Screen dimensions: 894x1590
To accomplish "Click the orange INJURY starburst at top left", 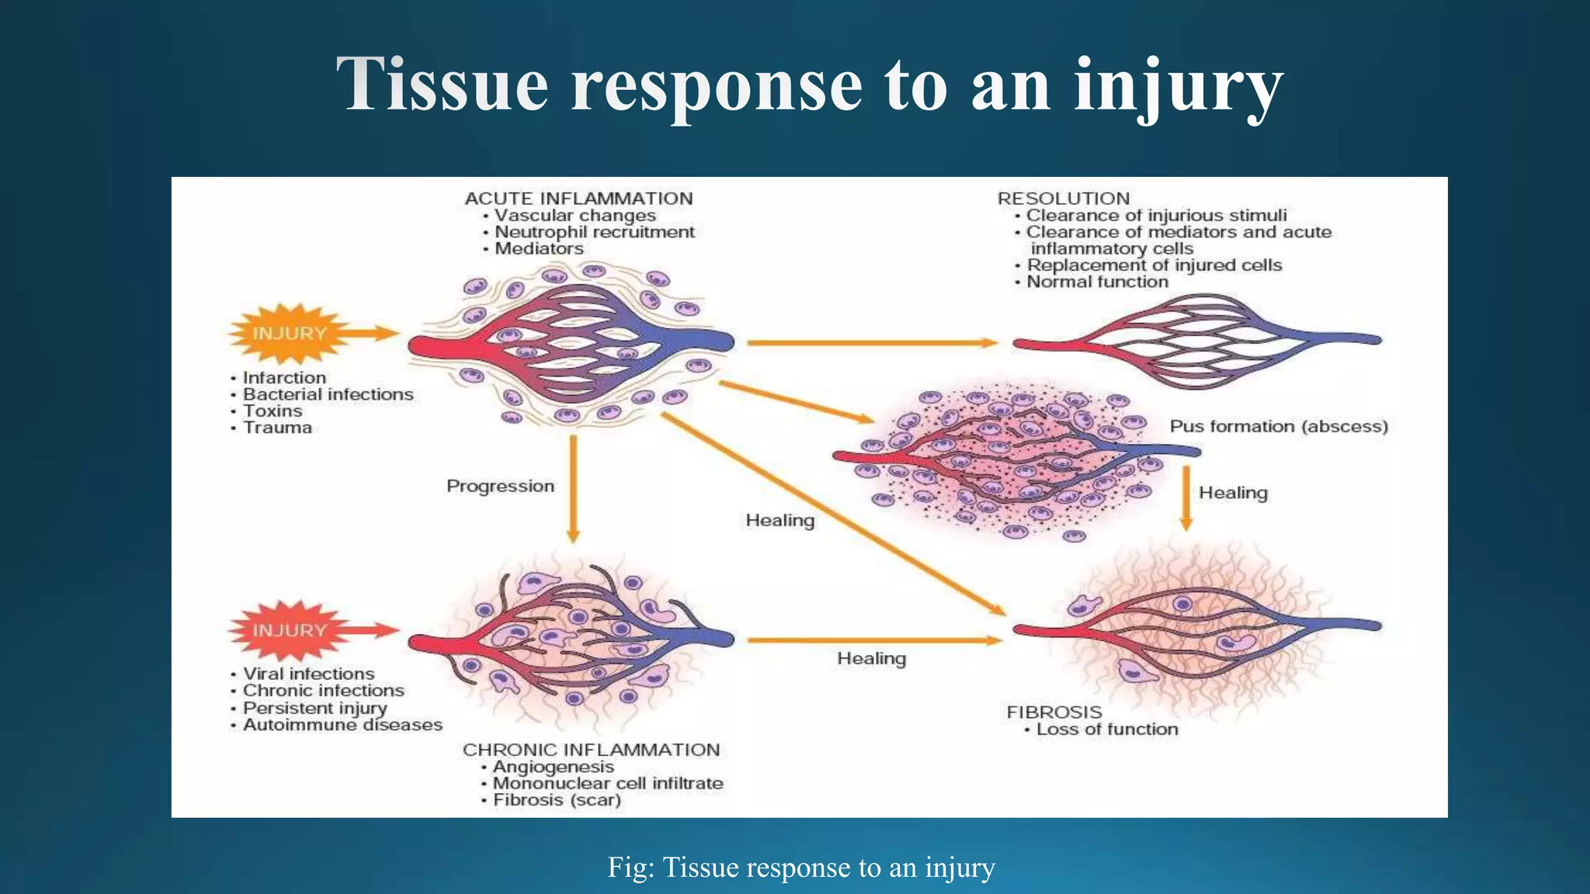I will tap(289, 334).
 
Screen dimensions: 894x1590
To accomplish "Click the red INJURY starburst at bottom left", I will tap(289, 630).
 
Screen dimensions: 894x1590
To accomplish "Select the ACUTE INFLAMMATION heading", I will tap(578, 199).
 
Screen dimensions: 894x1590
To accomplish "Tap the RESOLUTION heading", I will tap(1064, 199).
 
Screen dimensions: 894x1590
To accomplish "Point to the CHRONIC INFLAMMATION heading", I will tap(591, 750).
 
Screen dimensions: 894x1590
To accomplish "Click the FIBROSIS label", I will tap(1054, 712).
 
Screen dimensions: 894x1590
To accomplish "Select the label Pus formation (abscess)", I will tap(1278, 426).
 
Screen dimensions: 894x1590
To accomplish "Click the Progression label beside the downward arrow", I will tap(500, 486).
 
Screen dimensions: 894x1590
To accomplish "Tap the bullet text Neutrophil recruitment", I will tap(594, 232).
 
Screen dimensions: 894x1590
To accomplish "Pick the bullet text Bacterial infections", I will tap(328, 394).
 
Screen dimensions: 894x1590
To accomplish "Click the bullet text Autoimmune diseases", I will tap(342, 725).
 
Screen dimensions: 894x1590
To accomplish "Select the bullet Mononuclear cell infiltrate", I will tap(607, 783).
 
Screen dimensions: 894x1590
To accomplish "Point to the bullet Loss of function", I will tap(1106, 729).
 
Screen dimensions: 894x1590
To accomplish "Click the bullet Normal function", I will tap(1097, 282).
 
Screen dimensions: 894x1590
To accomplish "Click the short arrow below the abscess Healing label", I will tap(1186, 497).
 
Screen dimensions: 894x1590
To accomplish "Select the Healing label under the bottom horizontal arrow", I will tap(871, 658).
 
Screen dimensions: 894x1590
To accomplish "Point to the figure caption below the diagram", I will tap(800, 867).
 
